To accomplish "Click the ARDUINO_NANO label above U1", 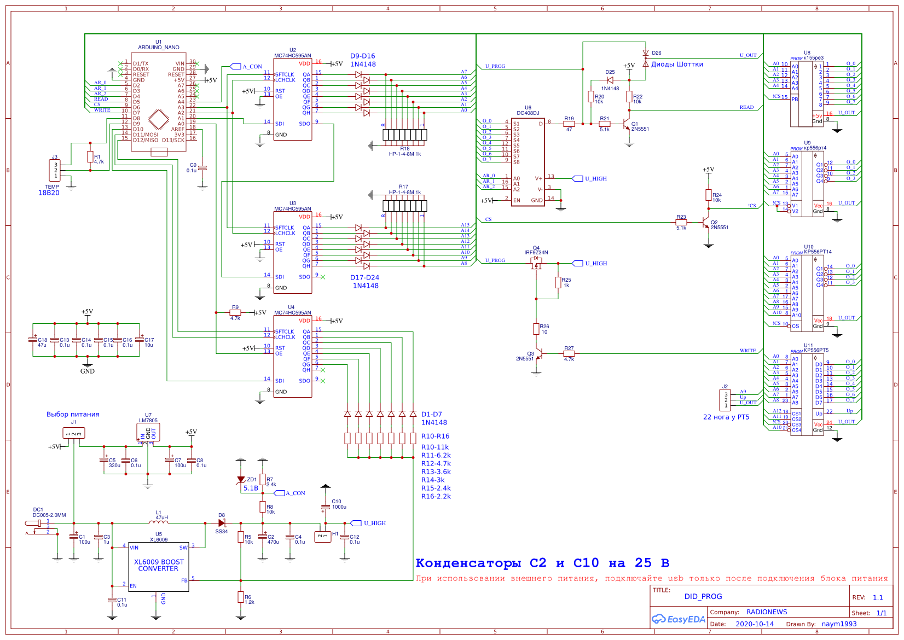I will click(x=158, y=48).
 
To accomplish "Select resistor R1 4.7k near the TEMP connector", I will click(x=90, y=157).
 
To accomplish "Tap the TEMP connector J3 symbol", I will click(x=56, y=171).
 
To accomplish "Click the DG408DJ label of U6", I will click(x=528, y=113).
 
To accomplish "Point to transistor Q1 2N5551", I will click(x=628, y=126).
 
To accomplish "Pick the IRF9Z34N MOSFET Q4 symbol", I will click(x=536, y=263).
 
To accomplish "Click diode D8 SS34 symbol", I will click(x=222, y=523).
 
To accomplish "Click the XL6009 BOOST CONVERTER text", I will click(x=159, y=565).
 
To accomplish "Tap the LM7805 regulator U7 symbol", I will click(x=148, y=433).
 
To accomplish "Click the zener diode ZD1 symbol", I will click(x=241, y=480).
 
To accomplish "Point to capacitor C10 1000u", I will click(x=326, y=507).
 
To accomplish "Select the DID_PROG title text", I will click(x=703, y=596).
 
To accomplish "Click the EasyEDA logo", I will click(x=678, y=619).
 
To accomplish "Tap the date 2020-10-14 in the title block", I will click(x=754, y=624).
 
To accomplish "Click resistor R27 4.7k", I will click(x=569, y=353).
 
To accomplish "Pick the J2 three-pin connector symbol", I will click(x=725, y=399).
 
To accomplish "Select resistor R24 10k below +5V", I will click(x=708, y=195).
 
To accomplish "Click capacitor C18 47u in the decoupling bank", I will click(x=33, y=340).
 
